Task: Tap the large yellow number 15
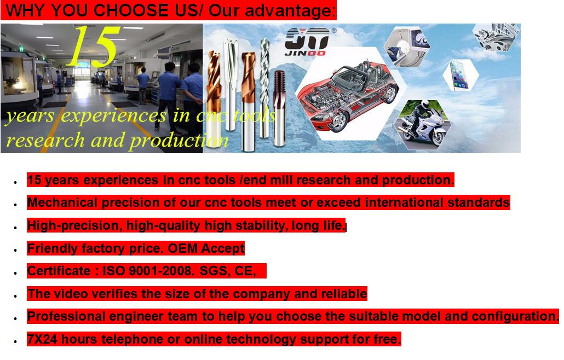(x=94, y=46)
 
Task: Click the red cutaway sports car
(x=347, y=95)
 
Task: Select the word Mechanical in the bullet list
(x=62, y=202)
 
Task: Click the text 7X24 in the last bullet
(x=42, y=339)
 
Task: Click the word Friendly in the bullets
(x=52, y=248)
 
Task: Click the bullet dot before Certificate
(x=15, y=273)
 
